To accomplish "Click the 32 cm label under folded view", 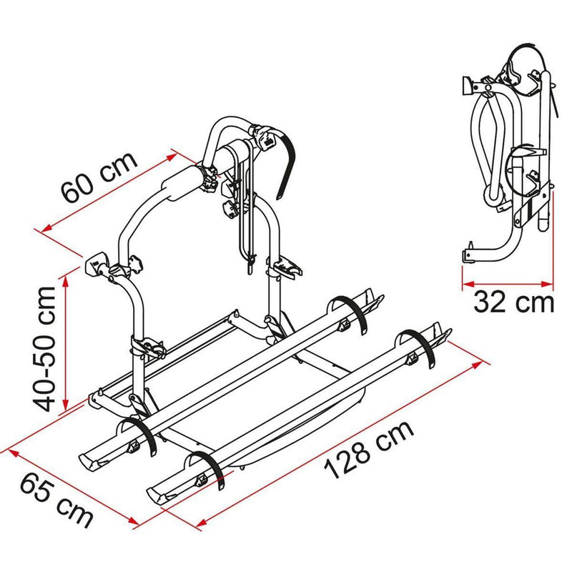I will coord(513,302).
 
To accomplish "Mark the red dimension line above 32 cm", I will coord(508,282).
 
